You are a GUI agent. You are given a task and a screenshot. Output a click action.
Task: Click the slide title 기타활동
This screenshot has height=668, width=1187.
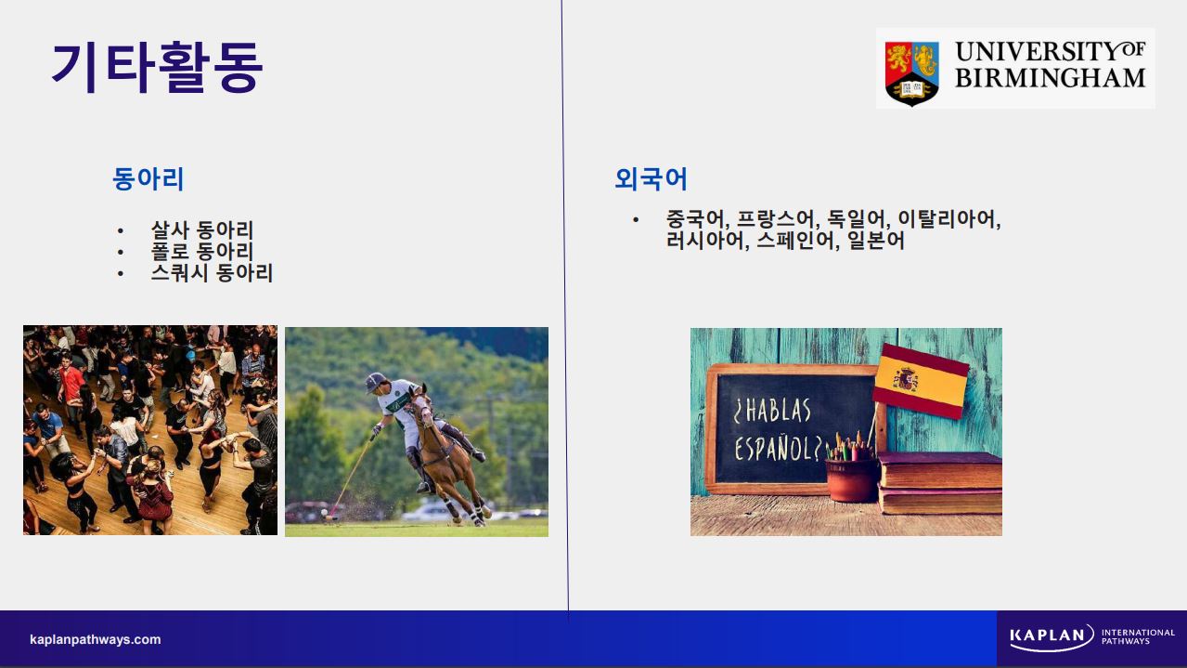(158, 68)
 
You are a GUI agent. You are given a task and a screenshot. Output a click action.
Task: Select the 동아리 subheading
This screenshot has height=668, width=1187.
(148, 178)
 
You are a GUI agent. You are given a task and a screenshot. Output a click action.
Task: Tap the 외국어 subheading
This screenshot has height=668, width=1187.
(651, 178)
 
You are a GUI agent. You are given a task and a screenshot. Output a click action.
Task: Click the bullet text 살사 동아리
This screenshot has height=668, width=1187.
(202, 230)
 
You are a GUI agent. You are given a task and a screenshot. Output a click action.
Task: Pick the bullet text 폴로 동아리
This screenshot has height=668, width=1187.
(202, 252)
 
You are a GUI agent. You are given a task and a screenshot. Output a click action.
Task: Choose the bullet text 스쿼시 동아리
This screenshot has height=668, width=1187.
(212, 273)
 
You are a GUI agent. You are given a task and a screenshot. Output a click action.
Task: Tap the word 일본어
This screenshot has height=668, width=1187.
(875, 241)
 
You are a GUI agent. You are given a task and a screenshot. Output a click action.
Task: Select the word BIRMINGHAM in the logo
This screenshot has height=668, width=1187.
(1051, 78)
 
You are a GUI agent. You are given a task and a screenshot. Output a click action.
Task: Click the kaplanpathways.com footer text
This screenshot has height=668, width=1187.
(96, 639)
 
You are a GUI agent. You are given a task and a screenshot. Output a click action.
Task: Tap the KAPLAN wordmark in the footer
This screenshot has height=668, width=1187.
(1047, 635)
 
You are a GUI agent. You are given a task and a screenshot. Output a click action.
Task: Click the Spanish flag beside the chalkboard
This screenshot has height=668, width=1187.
(921, 380)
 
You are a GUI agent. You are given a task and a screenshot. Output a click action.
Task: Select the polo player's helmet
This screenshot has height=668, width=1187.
(376, 382)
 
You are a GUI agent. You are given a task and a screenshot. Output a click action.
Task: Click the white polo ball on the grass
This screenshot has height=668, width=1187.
(324, 513)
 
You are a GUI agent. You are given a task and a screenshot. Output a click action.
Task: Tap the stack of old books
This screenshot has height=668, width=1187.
(939, 483)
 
